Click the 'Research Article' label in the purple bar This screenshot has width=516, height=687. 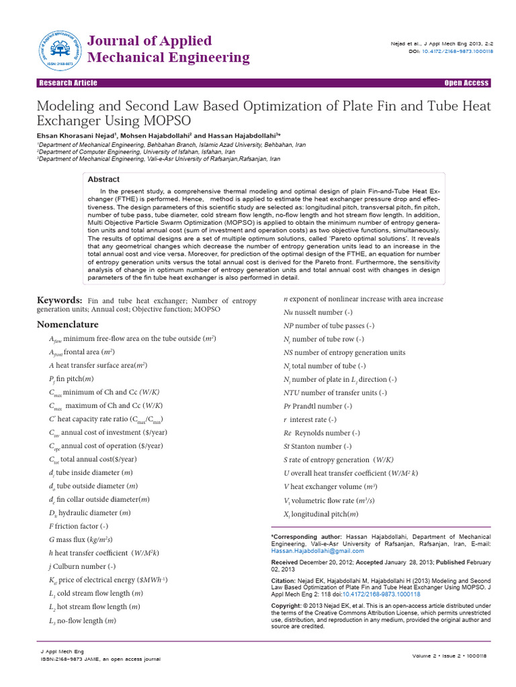click(68, 83)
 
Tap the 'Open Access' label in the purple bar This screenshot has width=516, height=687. click(466, 83)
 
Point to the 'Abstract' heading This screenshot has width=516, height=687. click(104, 179)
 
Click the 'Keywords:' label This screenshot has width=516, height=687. click(60, 301)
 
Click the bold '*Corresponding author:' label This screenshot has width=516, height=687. click(306, 537)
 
